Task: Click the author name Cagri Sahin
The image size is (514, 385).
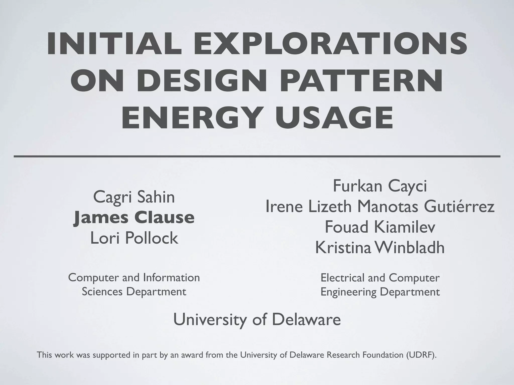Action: pyautogui.click(x=134, y=197)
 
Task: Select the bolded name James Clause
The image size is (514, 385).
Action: pyautogui.click(x=134, y=217)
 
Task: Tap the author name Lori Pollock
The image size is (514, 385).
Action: pyautogui.click(x=134, y=238)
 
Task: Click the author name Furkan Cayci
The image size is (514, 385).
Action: pyautogui.click(x=380, y=186)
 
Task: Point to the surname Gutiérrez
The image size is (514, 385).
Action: pyautogui.click(x=459, y=207)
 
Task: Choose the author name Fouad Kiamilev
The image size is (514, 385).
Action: pyautogui.click(x=380, y=227)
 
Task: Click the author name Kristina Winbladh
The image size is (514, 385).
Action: pyautogui.click(x=380, y=248)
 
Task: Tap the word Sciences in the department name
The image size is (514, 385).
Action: pyautogui.click(x=102, y=292)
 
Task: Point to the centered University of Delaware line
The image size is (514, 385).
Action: pyautogui.click(x=257, y=320)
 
